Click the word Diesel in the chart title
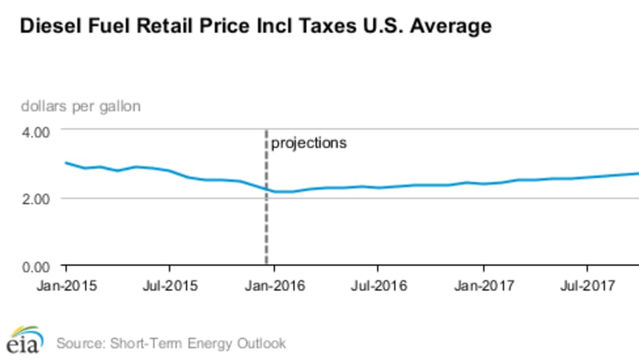(x=49, y=26)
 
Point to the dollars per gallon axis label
(x=81, y=106)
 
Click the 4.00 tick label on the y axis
(x=37, y=131)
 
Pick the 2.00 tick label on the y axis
(x=37, y=198)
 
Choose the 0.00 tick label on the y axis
(x=37, y=266)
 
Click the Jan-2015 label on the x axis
(x=66, y=285)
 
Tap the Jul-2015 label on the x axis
(x=170, y=285)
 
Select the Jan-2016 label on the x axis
(x=275, y=285)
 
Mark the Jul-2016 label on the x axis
(x=378, y=285)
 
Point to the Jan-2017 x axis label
(x=483, y=285)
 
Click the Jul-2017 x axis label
(x=587, y=285)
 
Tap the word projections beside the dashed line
(x=308, y=143)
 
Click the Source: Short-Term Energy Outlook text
(x=171, y=342)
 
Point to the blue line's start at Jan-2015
(x=66, y=162)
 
